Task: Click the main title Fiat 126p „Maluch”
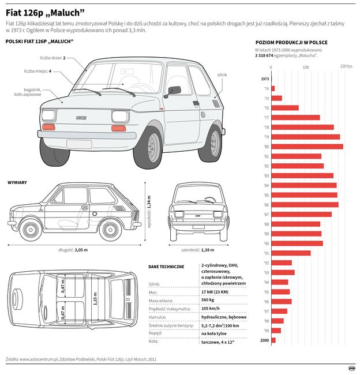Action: click(45, 12)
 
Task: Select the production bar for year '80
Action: click(307, 147)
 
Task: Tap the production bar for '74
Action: click(273, 88)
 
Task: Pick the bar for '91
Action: click(291, 253)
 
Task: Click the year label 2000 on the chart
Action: click(264, 340)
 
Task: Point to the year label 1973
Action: click(265, 78)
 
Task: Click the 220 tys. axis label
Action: click(346, 67)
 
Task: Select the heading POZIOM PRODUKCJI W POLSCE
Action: click(291, 43)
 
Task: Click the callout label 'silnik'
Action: click(222, 75)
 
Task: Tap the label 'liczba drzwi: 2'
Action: click(52, 58)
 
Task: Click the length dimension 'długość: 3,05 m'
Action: click(73, 250)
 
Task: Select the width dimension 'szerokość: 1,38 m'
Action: click(198, 250)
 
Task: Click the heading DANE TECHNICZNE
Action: click(166, 267)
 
